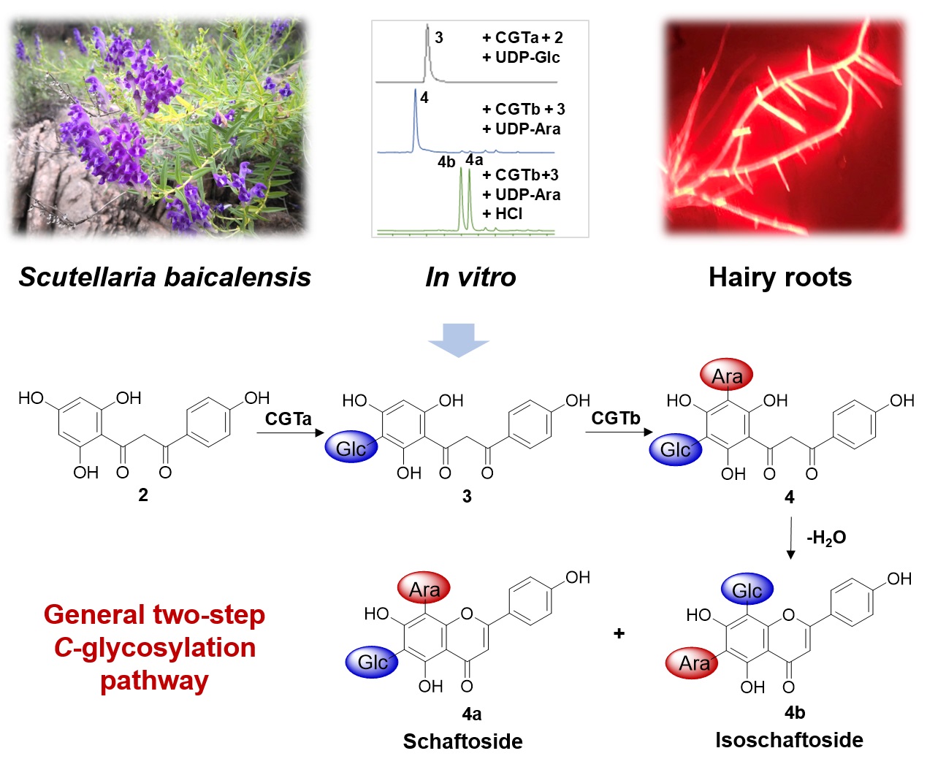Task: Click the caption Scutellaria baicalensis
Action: coord(165,277)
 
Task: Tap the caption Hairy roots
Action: coord(779,277)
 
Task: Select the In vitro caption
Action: coord(470,277)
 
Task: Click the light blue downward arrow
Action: coord(458,340)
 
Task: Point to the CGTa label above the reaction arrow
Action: coord(288,419)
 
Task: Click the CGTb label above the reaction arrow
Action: coord(615,418)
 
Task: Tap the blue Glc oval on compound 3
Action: coord(351,448)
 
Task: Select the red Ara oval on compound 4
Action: coord(726,375)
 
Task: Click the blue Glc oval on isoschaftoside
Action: coord(747,590)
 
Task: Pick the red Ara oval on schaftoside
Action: coord(424,589)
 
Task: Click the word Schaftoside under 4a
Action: coord(462,741)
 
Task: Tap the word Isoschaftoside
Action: coord(789,740)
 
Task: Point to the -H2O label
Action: coord(826,538)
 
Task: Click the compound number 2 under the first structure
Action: coord(143,495)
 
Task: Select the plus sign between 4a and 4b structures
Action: coord(619,633)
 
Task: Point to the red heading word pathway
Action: coord(154,681)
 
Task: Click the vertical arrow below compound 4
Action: coord(790,538)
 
